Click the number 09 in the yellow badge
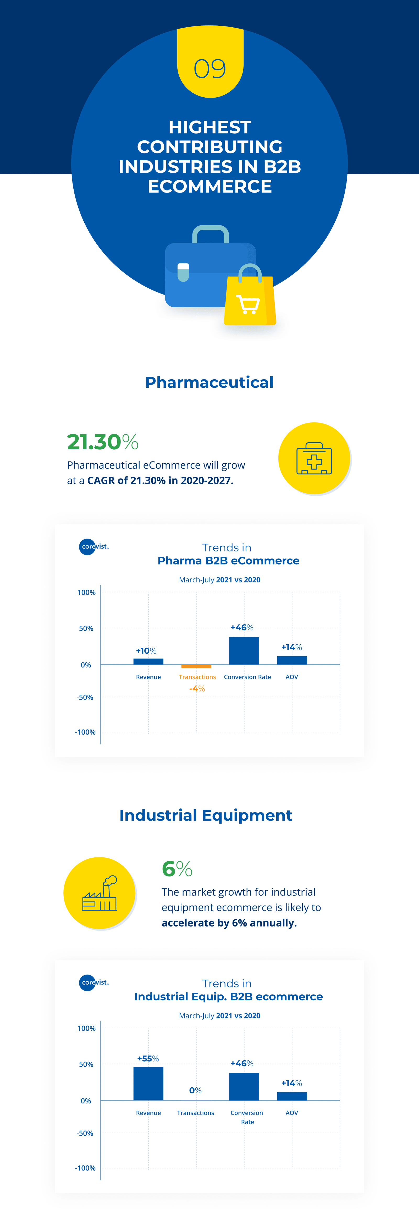point(210,69)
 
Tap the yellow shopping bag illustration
point(250,296)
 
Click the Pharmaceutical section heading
point(210,382)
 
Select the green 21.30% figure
point(102,442)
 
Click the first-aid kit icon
point(314,459)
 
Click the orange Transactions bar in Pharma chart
point(196,666)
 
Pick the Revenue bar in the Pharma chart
point(148,661)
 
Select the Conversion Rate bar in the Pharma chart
point(244,651)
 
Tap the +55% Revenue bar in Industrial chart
point(148,1083)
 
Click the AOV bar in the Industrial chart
point(292,1096)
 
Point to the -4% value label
point(197,689)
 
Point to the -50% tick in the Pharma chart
point(85,698)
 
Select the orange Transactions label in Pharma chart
point(197,677)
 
